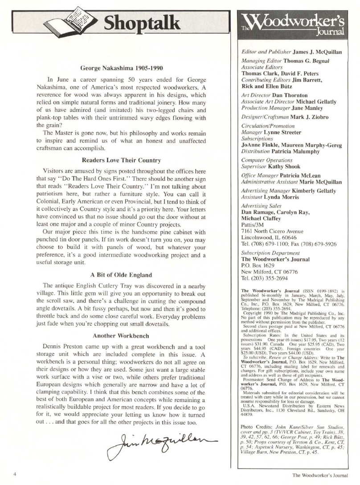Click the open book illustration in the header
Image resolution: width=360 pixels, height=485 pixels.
pyautogui.click(x=80, y=20)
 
